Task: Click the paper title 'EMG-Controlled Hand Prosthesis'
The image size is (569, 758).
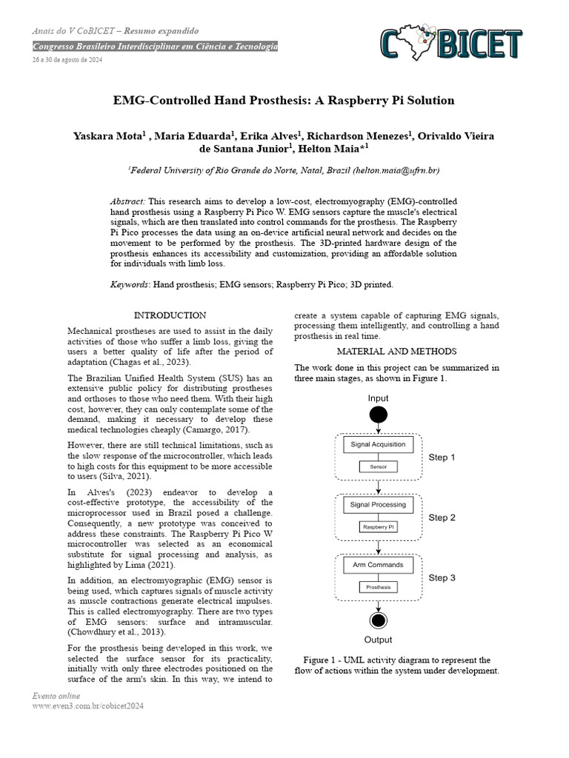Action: click(x=283, y=100)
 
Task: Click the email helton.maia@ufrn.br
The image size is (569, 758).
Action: click(x=398, y=170)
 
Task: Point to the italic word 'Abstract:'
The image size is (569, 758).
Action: click(x=127, y=201)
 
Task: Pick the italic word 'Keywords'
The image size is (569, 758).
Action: click(x=130, y=284)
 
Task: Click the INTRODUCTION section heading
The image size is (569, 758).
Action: click(x=170, y=315)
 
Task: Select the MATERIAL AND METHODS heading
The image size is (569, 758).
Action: click(x=396, y=352)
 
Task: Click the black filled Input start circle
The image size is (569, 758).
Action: click(x=379, y=415)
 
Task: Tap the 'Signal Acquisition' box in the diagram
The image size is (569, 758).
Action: click(x=378, y=445)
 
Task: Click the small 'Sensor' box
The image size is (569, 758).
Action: click(x=378, y=467)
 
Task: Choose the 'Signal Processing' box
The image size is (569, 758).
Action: click(x=378, y=505)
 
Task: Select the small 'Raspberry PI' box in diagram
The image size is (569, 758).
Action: click(x=378, y=527)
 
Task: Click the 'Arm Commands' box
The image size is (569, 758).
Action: click(x=378, y=565)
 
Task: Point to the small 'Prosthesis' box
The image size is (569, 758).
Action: click(x=378, y=587)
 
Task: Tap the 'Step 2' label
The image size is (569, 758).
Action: click(x=442, y=517)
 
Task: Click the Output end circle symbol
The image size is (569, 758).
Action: click(x=379, y=620)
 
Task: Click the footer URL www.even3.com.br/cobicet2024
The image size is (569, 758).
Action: click(x=87, y=706)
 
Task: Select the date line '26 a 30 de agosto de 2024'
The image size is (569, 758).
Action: click(x=67, y=60)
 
